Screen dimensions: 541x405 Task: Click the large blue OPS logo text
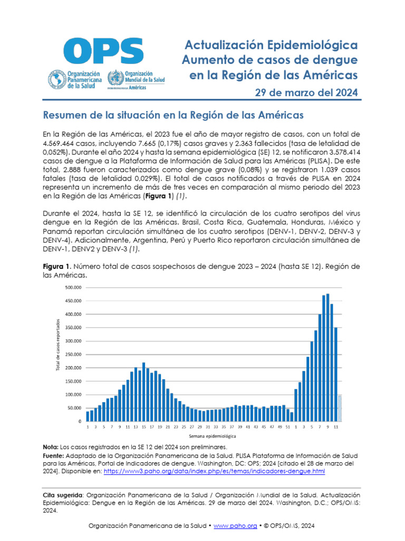(103, 52)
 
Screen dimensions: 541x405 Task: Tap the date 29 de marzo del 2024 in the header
(306, 93)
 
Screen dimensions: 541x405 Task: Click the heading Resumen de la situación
(172, 115)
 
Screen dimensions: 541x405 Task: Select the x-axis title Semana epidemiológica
(212, 437)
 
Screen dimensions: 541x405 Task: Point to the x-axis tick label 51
(288, 426)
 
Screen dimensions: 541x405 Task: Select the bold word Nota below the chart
(51, 447)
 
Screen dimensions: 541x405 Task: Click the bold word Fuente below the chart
(54, 455)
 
